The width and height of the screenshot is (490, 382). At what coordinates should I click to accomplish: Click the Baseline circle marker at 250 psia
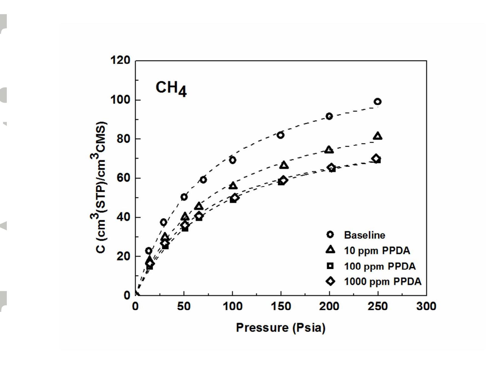377,102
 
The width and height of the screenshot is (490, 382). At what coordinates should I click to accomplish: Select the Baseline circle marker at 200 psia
329,116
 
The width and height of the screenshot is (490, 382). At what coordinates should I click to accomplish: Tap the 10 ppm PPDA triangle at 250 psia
378,136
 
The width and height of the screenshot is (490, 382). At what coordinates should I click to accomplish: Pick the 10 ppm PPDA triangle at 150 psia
284,165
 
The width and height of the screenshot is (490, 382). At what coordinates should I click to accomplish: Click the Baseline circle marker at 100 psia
232,160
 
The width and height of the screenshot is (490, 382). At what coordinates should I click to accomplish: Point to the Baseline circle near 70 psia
203,180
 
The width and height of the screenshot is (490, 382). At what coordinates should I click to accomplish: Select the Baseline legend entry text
364,235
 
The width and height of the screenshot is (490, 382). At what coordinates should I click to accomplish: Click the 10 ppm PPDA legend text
377,250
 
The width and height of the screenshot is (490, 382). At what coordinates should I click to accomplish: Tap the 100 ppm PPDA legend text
380,266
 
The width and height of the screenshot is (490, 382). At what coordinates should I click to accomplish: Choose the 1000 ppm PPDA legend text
383,281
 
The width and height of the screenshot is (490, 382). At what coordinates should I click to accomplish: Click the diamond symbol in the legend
330,281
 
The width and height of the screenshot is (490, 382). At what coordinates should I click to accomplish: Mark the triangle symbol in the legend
330,250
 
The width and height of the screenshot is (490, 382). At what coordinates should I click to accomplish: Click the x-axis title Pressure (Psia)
281,327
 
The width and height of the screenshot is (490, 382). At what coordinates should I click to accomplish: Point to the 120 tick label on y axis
120,60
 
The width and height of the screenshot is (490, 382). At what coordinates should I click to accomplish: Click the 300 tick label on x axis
426,306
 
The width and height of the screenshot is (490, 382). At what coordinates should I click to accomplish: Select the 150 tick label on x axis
281,306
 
